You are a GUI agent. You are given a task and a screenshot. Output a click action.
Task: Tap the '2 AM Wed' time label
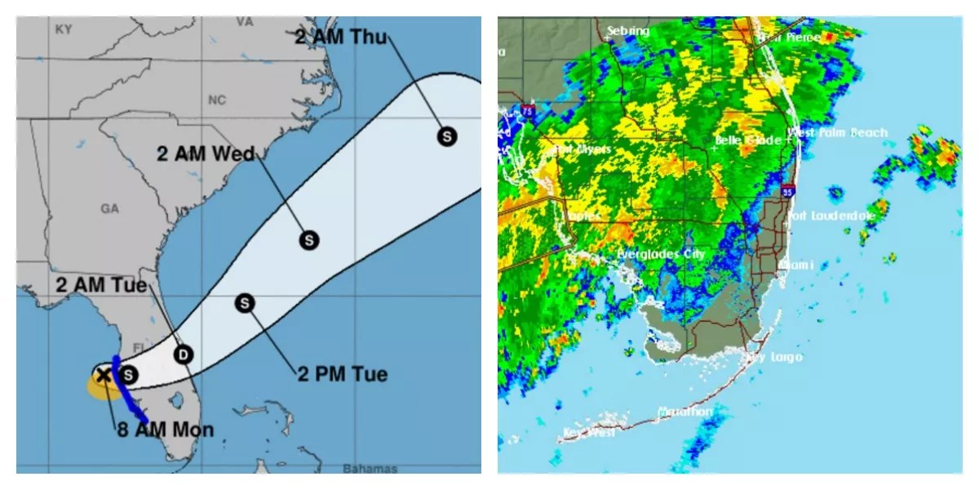click(x=206, y=153)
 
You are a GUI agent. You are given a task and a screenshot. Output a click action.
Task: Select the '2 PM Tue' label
click(x=341, y=375)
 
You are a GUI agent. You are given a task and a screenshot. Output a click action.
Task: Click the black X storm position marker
click(x=104, y=375)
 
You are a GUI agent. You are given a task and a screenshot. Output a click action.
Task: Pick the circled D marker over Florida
click(x=184, y=354)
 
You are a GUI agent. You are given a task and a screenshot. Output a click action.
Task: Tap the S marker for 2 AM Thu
click(x=446, y=136)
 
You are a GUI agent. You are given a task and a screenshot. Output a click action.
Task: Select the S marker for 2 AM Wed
click(x=309, y=240)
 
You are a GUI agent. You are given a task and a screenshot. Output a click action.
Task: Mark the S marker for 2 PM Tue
click(x=246, y=303)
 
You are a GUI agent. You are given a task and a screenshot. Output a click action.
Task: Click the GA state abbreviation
click(x=110, y=209)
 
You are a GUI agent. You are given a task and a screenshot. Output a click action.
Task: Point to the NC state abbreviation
click(x=216, y=100)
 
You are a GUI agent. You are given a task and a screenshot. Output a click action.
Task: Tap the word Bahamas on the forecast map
click(x=370, y=469)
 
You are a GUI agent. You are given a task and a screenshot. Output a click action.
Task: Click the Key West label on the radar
click(x=589, y=433)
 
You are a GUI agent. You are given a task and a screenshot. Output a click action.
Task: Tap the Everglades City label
click(x=661, y=254)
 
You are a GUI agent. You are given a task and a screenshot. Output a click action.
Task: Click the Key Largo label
click(x=775, y=358)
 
